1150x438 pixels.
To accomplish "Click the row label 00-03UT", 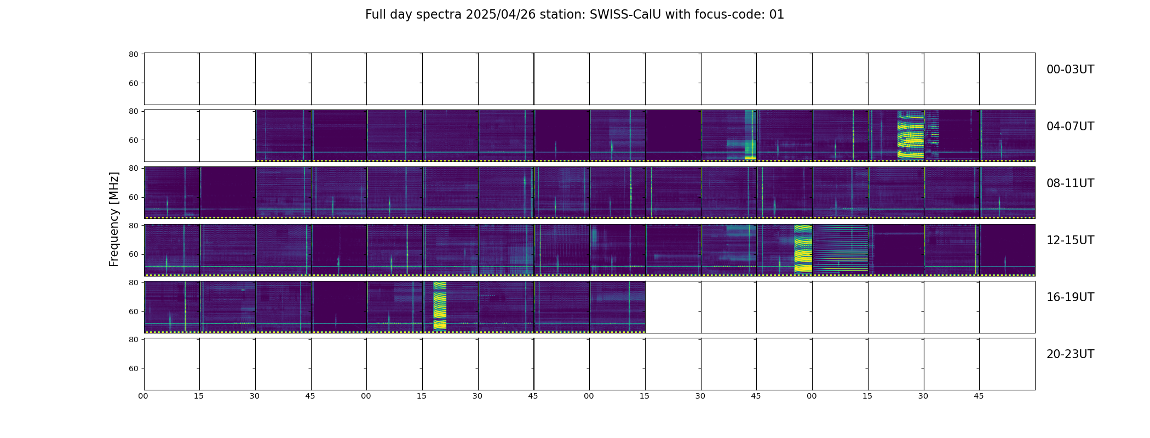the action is pos(1070,70).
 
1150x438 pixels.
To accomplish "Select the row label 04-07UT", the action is pos(1070,126).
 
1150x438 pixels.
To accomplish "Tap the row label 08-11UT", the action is pos(1070,183).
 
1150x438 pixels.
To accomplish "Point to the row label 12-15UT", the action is pos(1070,240).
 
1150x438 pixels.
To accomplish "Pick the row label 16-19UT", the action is pos(1070,297).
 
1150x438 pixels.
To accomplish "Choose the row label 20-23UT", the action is pos(1070,354).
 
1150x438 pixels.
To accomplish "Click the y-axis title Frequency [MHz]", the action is pos(114,219).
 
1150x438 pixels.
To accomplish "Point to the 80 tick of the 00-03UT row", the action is pos(134,54).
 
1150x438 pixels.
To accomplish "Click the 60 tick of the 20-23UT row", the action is pos(134,368).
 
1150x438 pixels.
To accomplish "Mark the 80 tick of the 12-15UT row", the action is pos(134,226).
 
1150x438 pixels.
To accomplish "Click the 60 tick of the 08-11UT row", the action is pos(134,197).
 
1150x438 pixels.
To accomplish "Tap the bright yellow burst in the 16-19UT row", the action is pos(440,306).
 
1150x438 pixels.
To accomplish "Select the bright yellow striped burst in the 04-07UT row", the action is pos(910,135).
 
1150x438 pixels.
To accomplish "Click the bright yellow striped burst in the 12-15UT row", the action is pos(803,249).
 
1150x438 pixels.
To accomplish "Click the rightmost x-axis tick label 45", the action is pos(979,396).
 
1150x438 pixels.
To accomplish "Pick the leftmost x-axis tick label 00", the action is pos(143,396).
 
